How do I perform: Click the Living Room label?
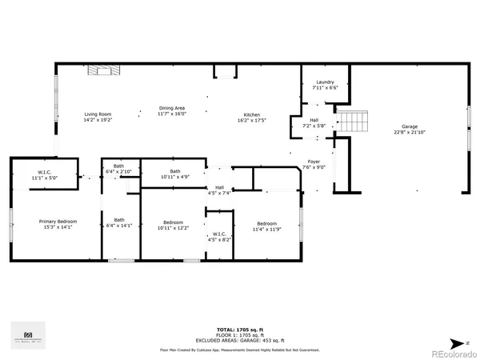[x=98, y=114]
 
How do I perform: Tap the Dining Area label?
[x=172, y=108]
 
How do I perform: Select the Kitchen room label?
[x=251, y=114]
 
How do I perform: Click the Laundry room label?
[x=325, y=82]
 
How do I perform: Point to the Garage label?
[x=410, y=126]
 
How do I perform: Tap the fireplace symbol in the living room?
[x=104, y=71]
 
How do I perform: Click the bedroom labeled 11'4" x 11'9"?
[x=266, y=224]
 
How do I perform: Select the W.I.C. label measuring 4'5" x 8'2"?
[x=219, y=234]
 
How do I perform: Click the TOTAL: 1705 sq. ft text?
[x=240, y=330]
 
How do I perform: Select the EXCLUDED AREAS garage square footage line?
[x=240, y=341]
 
